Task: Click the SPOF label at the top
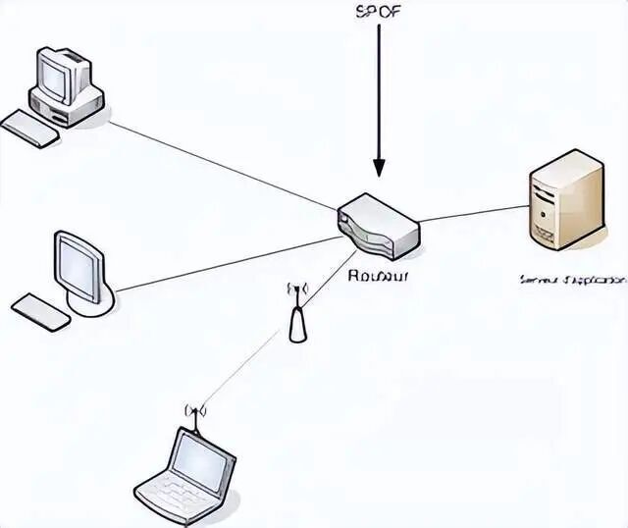377,13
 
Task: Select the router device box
379,225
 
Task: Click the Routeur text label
378,276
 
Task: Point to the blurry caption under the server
571,280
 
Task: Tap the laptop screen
202,455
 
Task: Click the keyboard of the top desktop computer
29,128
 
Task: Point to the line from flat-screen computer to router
226,263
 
